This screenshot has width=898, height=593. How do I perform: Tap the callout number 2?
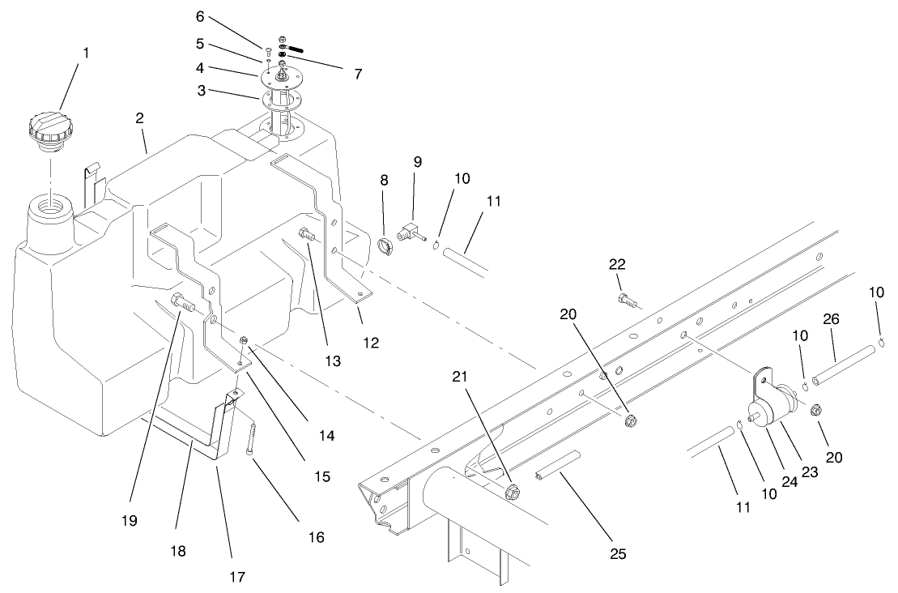point(140,118)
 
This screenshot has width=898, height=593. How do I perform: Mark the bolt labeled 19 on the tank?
point(182,305)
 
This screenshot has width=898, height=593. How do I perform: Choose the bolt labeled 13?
point(308,235)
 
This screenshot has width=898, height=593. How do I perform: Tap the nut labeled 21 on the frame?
point(511,491)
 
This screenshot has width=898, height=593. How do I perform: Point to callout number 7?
point(358,74)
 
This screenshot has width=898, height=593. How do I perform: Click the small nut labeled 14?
point(244,340)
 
